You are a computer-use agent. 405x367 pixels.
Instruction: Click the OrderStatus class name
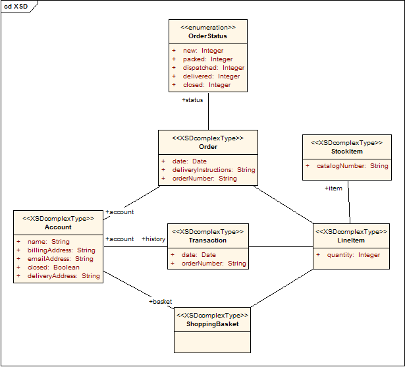coord(207,36)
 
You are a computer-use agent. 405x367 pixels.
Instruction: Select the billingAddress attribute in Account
coord(61,250)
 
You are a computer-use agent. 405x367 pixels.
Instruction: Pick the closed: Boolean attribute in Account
coord(53,268)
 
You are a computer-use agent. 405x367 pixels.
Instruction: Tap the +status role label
coord(192,100)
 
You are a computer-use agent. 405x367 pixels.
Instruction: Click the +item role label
coord(333,188)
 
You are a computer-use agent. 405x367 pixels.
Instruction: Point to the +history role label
coord(153,239)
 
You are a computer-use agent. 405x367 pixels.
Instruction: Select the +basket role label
coord(161,302)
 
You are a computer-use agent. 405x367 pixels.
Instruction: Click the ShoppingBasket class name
coord(212,324)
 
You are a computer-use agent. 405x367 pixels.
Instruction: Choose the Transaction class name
coord(207,240)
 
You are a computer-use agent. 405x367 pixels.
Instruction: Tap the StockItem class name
coord(346,152)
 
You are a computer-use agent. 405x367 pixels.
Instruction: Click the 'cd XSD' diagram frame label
coord(16,6)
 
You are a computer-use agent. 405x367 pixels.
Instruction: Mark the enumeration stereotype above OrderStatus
coord(207,28)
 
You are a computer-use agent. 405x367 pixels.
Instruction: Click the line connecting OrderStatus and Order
coord(208,112)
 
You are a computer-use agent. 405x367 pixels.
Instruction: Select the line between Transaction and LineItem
coord(280,247)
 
